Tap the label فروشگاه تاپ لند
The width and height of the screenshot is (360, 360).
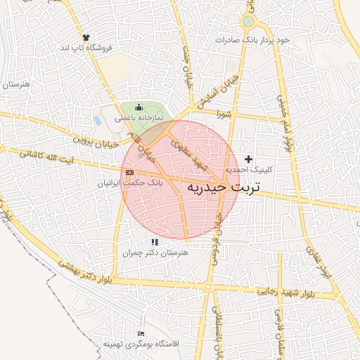(86, 48)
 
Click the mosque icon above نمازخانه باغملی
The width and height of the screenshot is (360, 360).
(138, 107)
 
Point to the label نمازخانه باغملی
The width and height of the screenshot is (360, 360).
(138, 118)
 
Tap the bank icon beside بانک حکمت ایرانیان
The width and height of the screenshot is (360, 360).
(129, 172)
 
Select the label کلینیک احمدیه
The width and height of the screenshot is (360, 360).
(248, 171)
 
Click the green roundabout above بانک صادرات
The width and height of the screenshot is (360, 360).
(247, 22)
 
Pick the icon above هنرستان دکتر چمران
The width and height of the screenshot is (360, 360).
(154, 242)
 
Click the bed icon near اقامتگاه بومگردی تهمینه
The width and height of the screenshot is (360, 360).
(141, 333)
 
